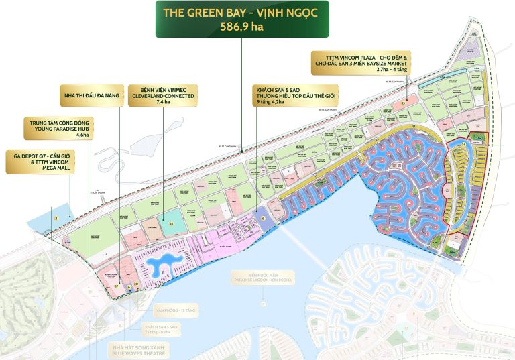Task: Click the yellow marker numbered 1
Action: [57, 218]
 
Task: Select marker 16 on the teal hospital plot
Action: [172, 225]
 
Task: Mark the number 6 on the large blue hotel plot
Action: [264, 218]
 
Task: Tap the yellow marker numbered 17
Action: [116, 285]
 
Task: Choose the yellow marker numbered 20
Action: [136, 284]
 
